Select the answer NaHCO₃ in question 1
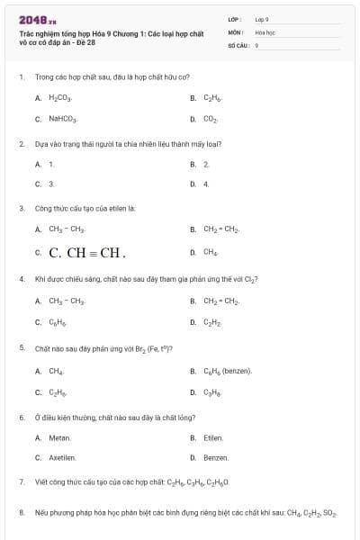[x=63, y=119]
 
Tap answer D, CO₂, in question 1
[x=210, y=119]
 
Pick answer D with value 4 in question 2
[x=206, y=184]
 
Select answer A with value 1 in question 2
[x=51, y=165]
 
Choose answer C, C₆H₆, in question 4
[x=58, y=321]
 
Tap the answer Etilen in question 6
[x=213, y=438]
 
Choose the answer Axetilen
[x=62, y=458]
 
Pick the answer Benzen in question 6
[x=215, y=458]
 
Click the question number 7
[x=21, y=482]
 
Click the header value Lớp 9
[x=262, y=19]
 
